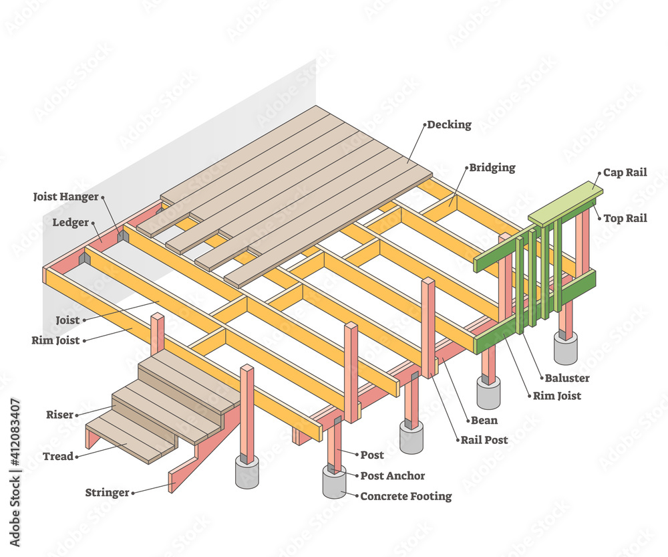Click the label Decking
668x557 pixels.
[x=449, y=124]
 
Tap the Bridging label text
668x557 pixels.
[x=492, y=167]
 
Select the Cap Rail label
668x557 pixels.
[x=625, y=173]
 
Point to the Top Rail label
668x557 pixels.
[x=625, y=218]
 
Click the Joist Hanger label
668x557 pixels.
[x=65, y=197]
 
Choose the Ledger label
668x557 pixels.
[x=70, y=222]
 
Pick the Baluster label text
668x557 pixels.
[x=567, y=378]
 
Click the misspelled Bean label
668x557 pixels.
[x=484, y=420]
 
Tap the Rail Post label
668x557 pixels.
[x=484, y=439]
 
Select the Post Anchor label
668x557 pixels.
[x=392, y=475]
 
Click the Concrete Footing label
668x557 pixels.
[x=405, y=496]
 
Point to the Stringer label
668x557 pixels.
[x=107, y=493]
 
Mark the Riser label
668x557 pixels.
[x=59, y=415]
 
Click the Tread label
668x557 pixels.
[x=58, y=456]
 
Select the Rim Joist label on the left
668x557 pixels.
[x=55, y=340]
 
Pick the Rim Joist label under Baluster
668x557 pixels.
[x=556, y=395]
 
